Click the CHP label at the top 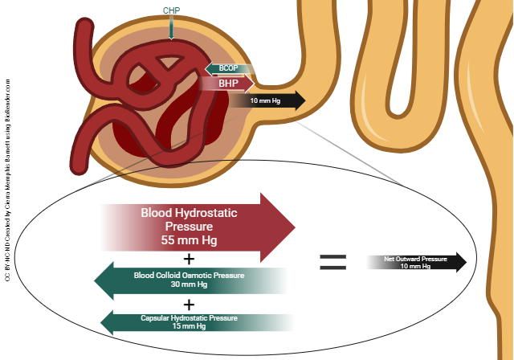171,11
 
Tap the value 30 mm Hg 190,284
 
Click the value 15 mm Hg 190,327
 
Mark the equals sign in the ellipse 332,261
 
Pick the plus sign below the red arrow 190,260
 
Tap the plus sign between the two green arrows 190,305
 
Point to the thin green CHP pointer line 171,29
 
